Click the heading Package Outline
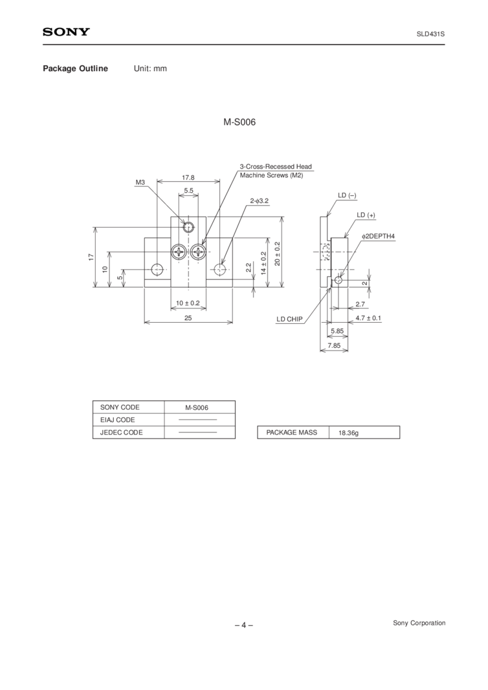(75, 69)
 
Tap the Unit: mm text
(150, 69)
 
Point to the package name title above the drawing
(239, 122)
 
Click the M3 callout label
(140, 184)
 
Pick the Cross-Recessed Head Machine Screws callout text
(276, 171)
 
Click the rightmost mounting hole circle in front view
(221, 269)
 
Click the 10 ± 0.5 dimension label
(188, 303)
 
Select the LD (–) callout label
(347, 195)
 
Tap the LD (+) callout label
(366, 215)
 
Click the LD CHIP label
(289, 319)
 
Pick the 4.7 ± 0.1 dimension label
(368, 319)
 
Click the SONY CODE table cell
(120, 407)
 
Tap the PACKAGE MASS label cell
(292, 433)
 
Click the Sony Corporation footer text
(419, 623)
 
